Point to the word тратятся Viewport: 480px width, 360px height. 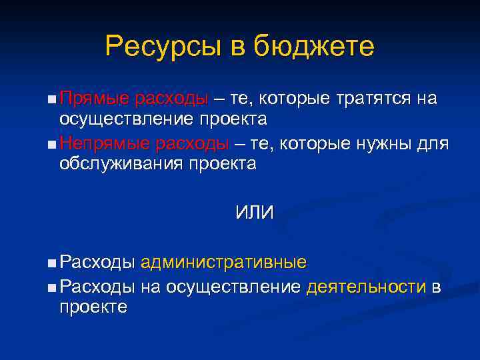coord(373,99)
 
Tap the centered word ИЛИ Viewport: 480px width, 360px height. coord(254,212)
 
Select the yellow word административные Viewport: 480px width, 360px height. coord(223,262)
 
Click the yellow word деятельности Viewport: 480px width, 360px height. coord(366,287)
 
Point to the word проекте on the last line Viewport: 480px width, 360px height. coord(93,307)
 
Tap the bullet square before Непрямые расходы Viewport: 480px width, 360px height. coord(52,145)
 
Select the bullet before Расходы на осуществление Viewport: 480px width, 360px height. coord(52,288)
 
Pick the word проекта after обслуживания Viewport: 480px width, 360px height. coord(225,164)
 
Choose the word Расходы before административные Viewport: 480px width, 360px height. coord(97,262)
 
